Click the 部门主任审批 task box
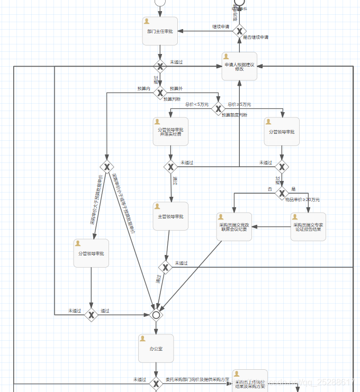coord(160,31)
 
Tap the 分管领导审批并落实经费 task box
coord(170,131)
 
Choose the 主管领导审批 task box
coord(170,216)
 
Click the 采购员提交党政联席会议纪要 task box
coord(233,227)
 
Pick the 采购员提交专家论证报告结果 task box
coord(308,227)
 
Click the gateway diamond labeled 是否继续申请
coord(239,31)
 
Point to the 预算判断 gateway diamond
coord(160,93)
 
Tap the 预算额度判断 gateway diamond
coord(218,109)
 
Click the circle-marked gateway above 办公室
coord(156,315)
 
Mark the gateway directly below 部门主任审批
coord(160,66)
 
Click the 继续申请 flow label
coord(220,26)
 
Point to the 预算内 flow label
coord(143,88)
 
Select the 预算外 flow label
coord(176,88)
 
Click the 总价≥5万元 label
coord(239,104)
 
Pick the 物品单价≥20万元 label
coord(302,200)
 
